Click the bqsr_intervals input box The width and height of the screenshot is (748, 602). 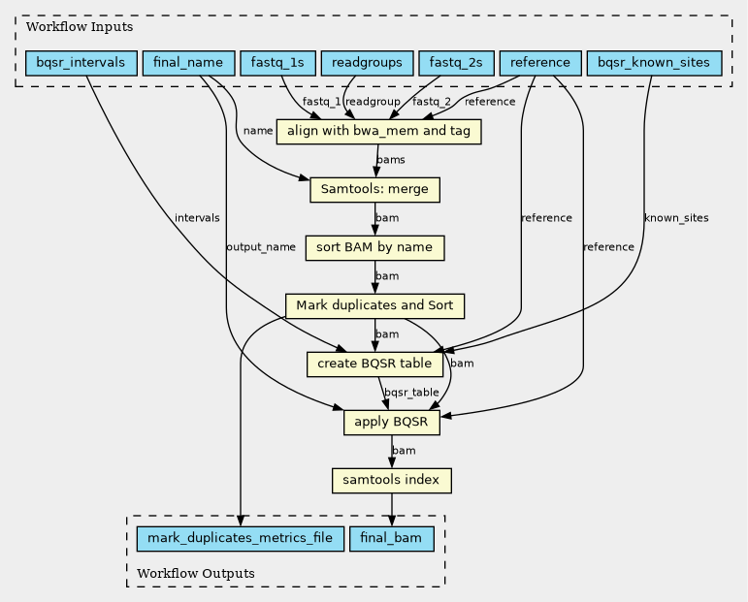pyautogui.click(x=81, y=63)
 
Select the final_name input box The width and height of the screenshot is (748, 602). pyautogui.click(x=188, y=63)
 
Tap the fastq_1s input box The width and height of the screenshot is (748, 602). pyautogui.click(x=277, y=63)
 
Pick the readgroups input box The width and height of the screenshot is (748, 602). pyautogui.click(x=367, y=63)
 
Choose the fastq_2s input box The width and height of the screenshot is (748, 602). pyautogui.click(x=456, y=63)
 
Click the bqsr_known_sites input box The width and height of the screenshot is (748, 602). pyautogui.click(x=654, y=63)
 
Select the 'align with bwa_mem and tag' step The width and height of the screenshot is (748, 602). pyautogui.click(x=378, y=131)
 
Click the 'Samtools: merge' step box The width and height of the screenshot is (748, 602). pyautogui.click(x=374, y=190)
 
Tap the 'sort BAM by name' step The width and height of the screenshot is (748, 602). pyautogui.click(x=374, y=248)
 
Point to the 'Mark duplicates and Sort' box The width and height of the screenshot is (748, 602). pyautogui.click(x=374, y=306)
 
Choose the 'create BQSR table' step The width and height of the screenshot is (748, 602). pyautogui.click(x=374, y=364)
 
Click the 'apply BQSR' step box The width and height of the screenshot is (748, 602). pyautogui.click(x=392, y=423)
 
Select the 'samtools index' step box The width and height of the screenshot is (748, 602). pyautogui.click(x=392, y=481)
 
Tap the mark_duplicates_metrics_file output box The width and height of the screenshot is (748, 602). pyautogui.click(x=241, y=539)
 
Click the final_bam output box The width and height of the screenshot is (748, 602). pyautogui.click(x=392, y=539)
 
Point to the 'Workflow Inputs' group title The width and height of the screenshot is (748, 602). pyautogui.click(x=80, y=27)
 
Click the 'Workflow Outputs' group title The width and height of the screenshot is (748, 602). pyautogui.click(x=196, y=573)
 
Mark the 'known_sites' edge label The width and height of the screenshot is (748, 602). pyautogui.click(x=676, y=218)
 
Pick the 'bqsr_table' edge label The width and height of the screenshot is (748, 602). pyautogui.click(x=411, y=393)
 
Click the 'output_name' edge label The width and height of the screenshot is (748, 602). pyautogui.click(x=261, y=247)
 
